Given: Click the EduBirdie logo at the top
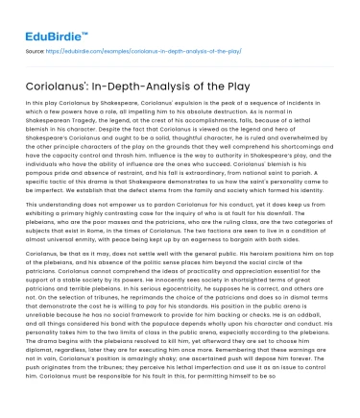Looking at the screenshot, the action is pos(45,17).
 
